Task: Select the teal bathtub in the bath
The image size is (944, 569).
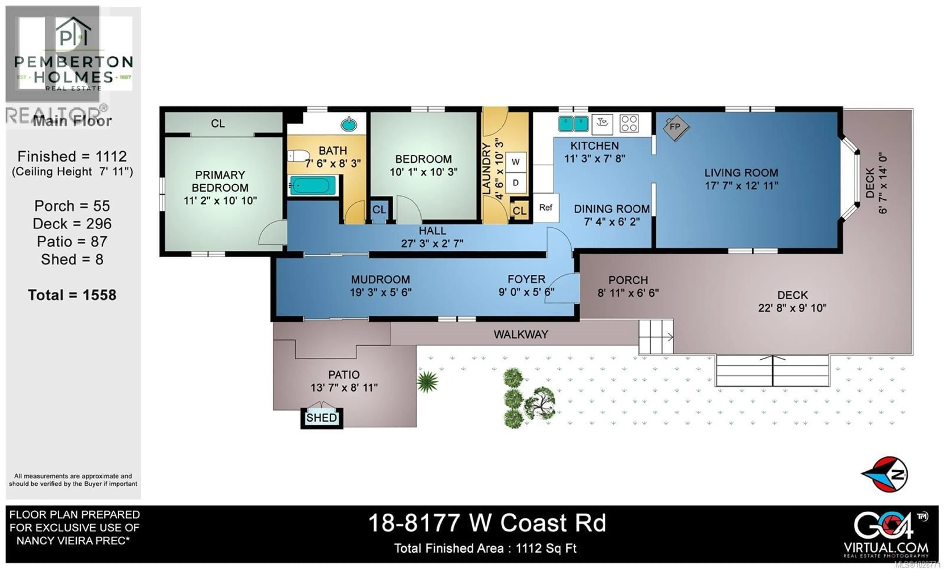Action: [x=312, y=186]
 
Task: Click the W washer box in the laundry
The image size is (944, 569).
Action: [x=516, y=162]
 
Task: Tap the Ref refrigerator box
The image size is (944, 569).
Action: [x=546, y=208]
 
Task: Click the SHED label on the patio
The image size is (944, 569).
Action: [x=322, y=417]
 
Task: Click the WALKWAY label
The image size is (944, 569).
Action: [x=521, y=335]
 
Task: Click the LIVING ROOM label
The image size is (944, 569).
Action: [x=741, y=173]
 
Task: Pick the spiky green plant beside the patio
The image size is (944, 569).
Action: [x=427, y=382]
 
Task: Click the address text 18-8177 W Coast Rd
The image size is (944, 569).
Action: [x=487, y=523]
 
